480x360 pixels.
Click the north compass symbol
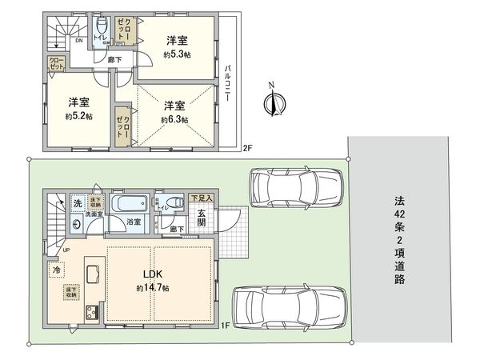[274, 102]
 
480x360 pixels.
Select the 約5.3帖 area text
[178, 56]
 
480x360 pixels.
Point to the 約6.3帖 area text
[174, 119]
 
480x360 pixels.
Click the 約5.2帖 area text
[79, 115]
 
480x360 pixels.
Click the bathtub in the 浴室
[126, 204]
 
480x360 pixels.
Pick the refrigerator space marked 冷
[57, 270]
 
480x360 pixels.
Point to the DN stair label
[79, 40]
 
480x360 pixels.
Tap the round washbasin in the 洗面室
[77, 225]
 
